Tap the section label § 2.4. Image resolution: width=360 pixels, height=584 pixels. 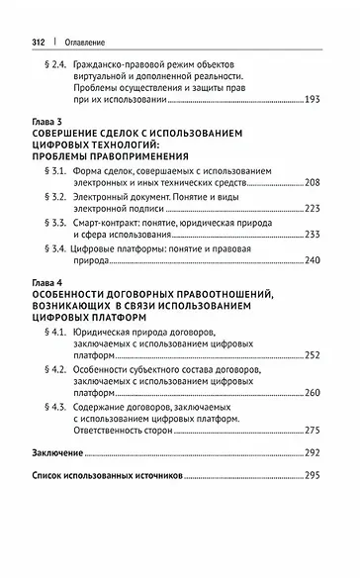point(60,66)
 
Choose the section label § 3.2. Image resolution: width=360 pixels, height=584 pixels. point(60,209)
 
